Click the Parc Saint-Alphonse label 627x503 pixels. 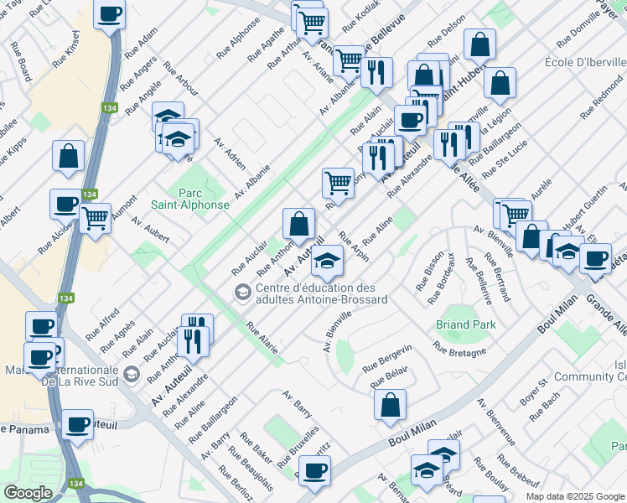click(x=190, y=198)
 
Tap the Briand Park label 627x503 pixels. click(x=465, y=324)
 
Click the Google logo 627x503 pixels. click(x=28, y=492)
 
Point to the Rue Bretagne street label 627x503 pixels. click(x=459, y=348)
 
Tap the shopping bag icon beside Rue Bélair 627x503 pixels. click(x=390, y=406)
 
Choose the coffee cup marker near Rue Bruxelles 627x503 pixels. click(x=314, y=471)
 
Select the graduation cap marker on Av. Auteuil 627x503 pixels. click(x=327, y=262)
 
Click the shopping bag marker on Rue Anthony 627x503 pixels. click(x=298, y=224)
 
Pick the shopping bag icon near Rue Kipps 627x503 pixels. click(x=68, y=156)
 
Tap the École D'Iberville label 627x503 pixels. click(x=581, y=63)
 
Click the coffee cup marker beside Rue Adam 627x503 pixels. click(x=110, y=15)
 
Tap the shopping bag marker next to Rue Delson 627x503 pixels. click(x=479, y=45)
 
